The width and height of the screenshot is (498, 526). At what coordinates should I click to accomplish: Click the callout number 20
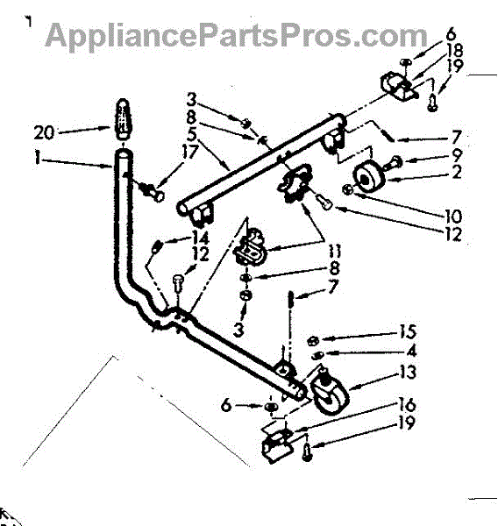(x=44, y=132)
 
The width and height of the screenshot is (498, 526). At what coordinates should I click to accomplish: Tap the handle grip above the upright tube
(x=123, y=118)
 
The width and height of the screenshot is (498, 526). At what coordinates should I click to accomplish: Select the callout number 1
(x=38, y=157)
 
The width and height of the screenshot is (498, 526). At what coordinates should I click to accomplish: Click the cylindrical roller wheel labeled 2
(x=368, y=177)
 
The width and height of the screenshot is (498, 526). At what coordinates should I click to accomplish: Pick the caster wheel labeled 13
(x=329, y=394)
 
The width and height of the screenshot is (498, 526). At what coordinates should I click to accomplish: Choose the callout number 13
(x=408, y=372)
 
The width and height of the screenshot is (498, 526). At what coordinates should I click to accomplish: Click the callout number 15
(x=408, y=331)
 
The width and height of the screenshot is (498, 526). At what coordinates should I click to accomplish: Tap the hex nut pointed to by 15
(x=312, y=341)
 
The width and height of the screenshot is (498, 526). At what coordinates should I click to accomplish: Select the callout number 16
(x=407, y=405)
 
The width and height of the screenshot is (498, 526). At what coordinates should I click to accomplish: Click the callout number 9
(x=457, y=154)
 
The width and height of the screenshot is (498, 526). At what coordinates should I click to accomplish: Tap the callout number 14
(x=201, y=238)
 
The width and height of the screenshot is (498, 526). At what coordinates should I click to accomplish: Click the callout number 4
(x=412, y=351)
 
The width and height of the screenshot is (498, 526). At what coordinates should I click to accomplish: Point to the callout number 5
(x=192, y=134)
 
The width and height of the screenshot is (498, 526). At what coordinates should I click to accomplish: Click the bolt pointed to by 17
(x=153, y=192)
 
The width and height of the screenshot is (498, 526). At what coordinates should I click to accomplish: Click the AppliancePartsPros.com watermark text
(x=236, y=35)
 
